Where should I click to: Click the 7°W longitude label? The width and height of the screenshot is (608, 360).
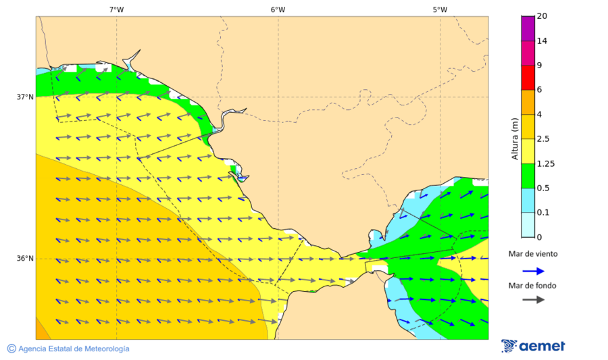[116, 9]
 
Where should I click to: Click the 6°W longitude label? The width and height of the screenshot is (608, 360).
[278, 9]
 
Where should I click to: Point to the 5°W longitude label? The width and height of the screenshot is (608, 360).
[440, 9]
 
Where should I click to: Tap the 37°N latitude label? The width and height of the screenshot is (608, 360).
[25, 97]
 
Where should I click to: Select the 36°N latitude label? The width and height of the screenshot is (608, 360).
[25, 259]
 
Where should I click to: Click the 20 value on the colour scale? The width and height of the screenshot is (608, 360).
[542, 16]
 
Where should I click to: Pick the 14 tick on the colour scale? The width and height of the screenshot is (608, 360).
[542, 41]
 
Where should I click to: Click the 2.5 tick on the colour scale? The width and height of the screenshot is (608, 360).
[543, 139]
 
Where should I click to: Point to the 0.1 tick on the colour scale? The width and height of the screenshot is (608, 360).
[543, 213]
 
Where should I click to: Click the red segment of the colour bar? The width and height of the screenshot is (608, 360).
[528, 78]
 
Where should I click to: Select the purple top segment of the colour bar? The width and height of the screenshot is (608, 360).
[528, 28]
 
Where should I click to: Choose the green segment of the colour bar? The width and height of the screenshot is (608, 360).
[528, 176]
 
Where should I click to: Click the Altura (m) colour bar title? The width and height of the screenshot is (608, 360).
[515, 138]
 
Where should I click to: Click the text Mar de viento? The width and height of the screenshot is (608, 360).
[533, 254]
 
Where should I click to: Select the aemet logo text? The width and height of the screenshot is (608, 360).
[542, 346]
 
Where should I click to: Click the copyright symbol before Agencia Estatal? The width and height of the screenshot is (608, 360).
[11, 349]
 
